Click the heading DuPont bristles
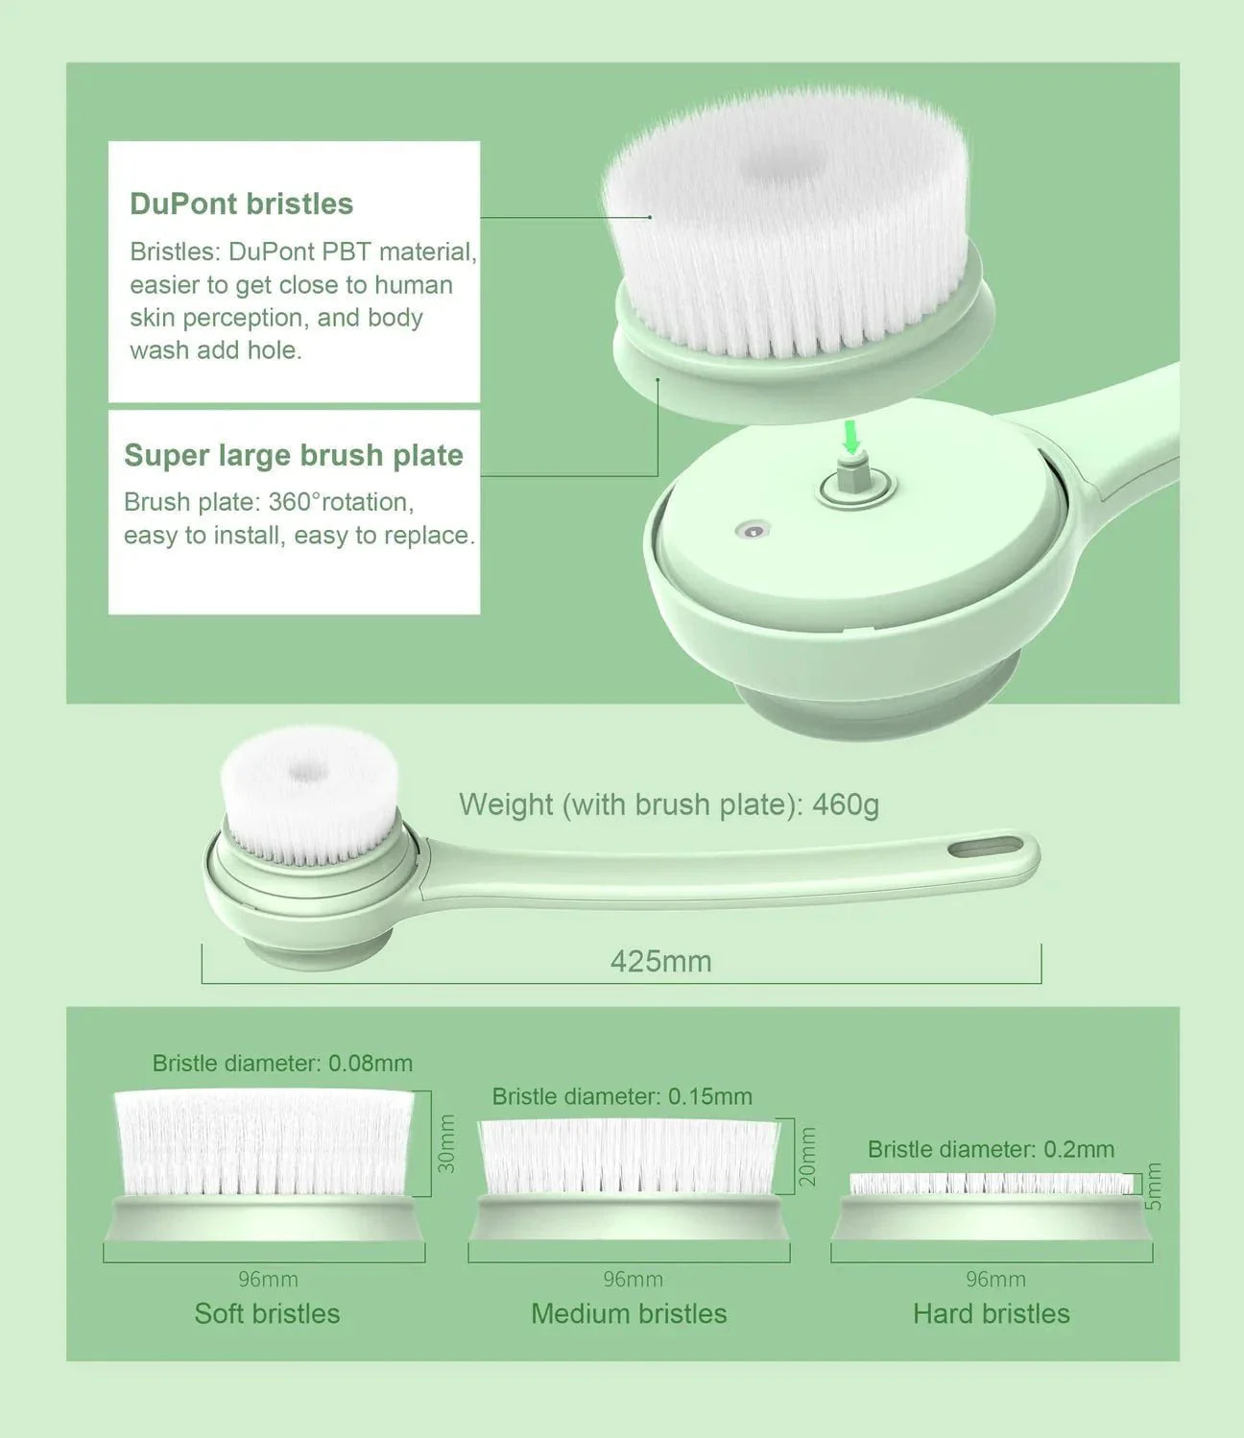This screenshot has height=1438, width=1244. (241, 204)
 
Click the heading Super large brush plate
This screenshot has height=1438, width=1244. (293, 455)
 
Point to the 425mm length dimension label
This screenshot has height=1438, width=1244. (660, 961)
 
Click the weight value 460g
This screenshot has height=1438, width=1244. (845, 804)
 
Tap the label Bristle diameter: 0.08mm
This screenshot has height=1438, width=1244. (282, 1064)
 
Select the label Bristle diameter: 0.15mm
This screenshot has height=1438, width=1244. (621, 1096)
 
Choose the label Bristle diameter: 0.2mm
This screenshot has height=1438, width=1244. (991, 1149)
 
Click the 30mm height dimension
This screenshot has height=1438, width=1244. (446, 1142)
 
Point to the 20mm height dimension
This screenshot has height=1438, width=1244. (808, 1156)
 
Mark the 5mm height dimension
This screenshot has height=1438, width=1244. (1155, 1186)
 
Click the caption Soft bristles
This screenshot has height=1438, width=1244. (267, 1313)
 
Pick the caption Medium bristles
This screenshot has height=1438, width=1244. (629, 1313)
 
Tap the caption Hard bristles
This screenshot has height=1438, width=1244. (991, 1313)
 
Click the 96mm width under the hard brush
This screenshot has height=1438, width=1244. (995, 1280)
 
